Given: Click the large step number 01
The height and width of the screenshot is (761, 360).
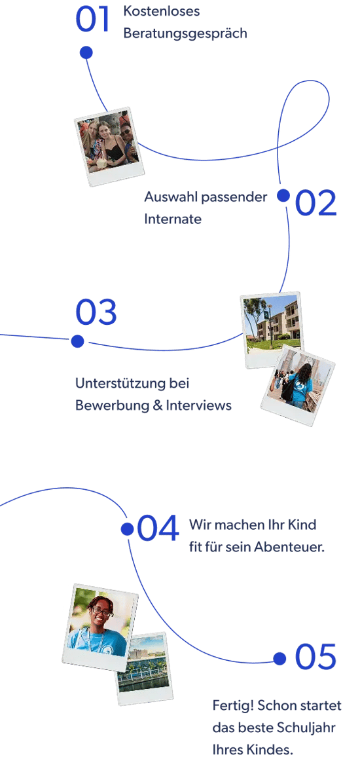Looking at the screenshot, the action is click(x=92, y=20).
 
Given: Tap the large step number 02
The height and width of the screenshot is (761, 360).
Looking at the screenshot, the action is click(x=316, y=203).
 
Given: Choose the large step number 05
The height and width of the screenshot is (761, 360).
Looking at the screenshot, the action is click(x=315, y=657).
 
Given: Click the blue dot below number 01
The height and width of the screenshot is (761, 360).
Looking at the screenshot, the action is click(x=86, y=52).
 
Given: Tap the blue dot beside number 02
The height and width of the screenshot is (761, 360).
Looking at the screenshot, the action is click(x=283, y=196).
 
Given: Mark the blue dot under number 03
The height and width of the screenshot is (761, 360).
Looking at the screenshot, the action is click(x=78, y=342).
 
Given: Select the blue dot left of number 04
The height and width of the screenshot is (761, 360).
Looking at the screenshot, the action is click(x=128, y=529).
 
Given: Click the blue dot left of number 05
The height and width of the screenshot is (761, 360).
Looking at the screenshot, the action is click(x=279, y=658).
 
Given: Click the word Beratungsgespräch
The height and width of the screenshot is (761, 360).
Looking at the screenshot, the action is click(x=185, y=34).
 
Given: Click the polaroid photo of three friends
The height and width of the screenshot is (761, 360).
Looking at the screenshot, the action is click(x=110, y=146).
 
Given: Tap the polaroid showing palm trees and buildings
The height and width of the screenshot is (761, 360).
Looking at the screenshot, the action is click(x=271, y=329).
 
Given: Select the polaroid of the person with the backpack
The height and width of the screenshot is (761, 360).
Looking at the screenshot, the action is click(x=298, y=386).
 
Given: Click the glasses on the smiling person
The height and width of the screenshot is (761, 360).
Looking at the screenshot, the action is click(x=101, y=611).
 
